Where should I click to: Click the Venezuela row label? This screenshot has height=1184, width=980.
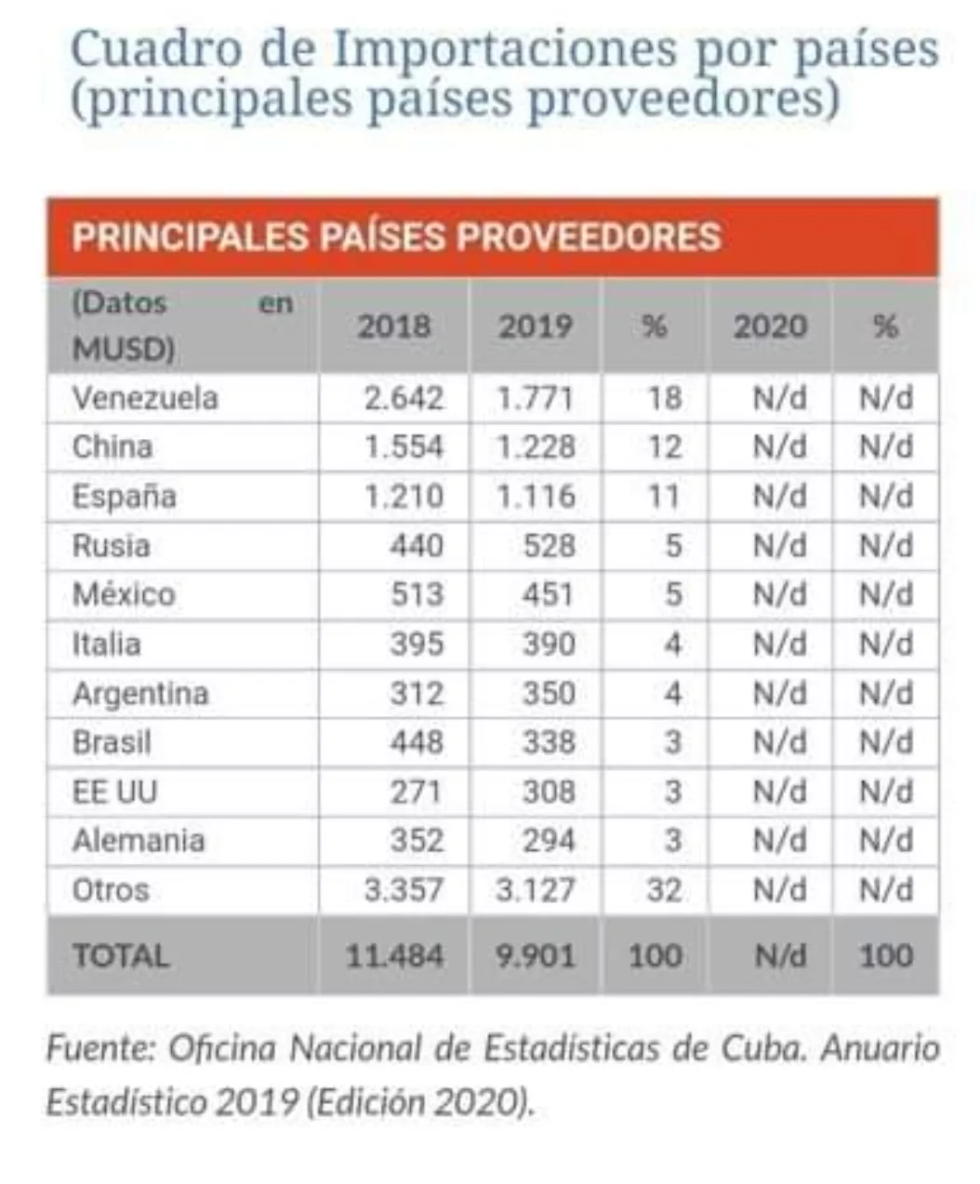145,398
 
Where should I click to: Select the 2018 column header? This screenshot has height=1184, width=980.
394,326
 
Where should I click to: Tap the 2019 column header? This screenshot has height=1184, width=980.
535,326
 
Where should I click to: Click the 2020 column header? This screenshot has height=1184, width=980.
770,326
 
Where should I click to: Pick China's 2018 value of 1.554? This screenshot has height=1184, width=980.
404,447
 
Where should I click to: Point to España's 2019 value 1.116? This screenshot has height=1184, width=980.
535,497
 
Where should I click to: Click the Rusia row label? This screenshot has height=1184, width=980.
111,545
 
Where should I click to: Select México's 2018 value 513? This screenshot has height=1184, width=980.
417,594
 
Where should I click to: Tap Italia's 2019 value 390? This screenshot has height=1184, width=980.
548,644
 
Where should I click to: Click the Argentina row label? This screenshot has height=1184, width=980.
140,694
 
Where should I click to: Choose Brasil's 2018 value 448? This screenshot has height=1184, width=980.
417,742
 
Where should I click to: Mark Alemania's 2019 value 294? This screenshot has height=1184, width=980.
548,841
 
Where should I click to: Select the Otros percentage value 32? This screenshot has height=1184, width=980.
664,890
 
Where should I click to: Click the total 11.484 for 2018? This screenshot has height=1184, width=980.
394,956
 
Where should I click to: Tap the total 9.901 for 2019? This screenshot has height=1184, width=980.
535,956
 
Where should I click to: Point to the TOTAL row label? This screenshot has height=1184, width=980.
121,956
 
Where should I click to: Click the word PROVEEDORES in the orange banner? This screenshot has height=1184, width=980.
589,236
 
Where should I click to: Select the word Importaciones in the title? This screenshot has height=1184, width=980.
505,48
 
